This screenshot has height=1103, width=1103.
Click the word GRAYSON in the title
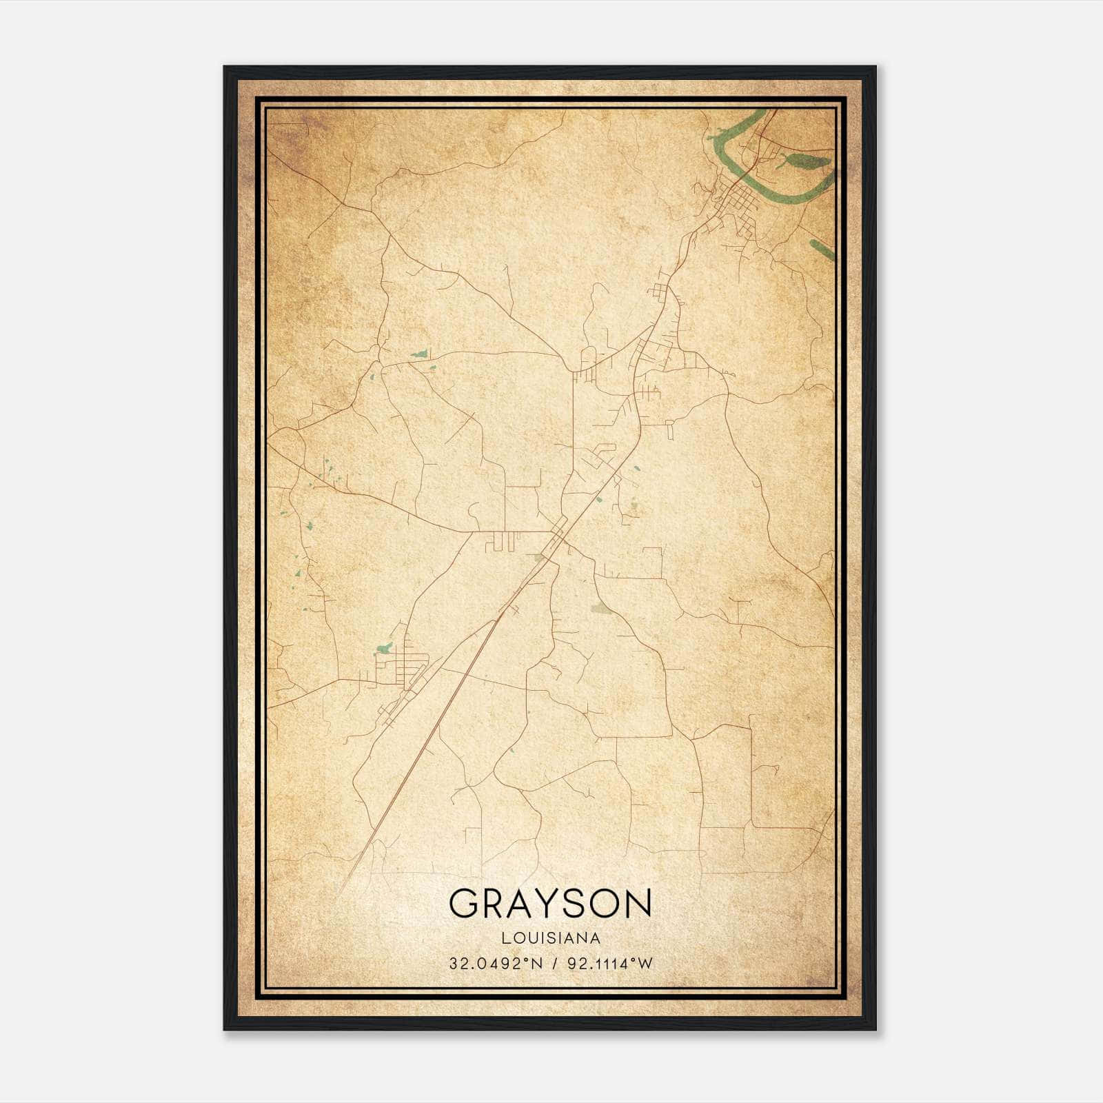click(x=550, y=904)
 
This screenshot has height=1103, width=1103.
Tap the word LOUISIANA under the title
click(x=550, y=938)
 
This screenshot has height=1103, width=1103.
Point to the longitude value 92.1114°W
click(x=609, y=964)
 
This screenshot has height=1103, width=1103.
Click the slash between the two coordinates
click(x=551, y=964)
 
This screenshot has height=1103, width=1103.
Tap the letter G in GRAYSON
click(x=465, y=904)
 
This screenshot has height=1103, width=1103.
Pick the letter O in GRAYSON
click(x=607, y=904)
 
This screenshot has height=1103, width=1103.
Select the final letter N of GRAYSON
click(x=637, y=904)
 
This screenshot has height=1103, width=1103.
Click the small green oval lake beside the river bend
click(x=807, y=161)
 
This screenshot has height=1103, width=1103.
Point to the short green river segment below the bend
click(x=823, y=250)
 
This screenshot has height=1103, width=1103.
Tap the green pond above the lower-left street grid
click(x=384, y=648)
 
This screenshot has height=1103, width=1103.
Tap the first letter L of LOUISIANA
click(x=506, y=938)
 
